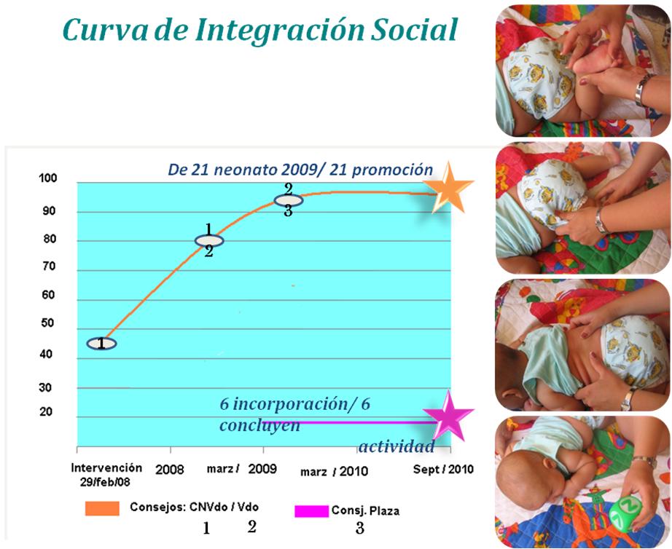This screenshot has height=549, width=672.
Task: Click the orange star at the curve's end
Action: [450, 189]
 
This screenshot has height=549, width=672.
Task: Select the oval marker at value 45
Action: [102, 344]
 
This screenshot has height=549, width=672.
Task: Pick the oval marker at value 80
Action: [209, 240]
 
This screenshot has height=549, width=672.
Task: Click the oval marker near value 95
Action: [288, 200]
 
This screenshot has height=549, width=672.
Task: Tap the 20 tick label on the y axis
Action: [47, 413]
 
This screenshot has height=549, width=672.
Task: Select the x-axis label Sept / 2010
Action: [443, 470]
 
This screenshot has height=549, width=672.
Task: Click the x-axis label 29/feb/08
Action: [106, 482]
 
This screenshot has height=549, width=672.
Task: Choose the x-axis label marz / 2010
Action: [334, 472]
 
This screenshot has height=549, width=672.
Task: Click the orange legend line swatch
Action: [102, 509]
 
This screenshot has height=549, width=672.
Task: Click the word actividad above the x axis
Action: [396, 446]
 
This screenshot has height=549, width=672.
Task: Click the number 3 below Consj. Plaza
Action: [359, 529]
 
